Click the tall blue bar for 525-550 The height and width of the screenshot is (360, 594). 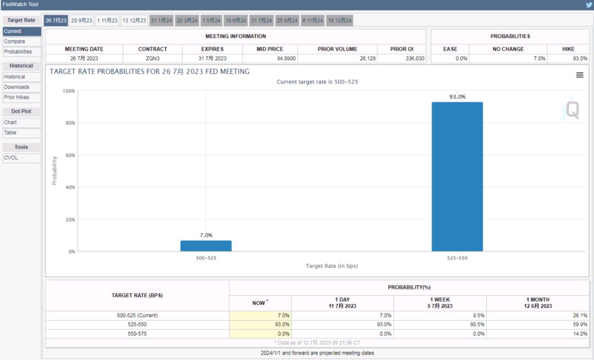pyautogui.click(x=457, y=176)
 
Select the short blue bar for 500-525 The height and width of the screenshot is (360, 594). pyautogui.click(x=206, y=246)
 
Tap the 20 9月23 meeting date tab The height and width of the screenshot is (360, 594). pyautogui.click(x=82, y=20)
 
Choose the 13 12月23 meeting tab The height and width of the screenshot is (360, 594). pyautogui.click(x=134, y=20)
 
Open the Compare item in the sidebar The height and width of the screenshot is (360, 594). pyautogui.click(x=14, y=41)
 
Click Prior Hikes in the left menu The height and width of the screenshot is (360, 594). pyautogui.click(x=16, y=97)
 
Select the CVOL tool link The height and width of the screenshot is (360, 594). pyautogui.click(x=11, y=158)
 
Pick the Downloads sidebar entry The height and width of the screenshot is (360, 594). pyautogui.click(x=16, y=87)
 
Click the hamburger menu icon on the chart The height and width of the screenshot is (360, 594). pyautogui.click(x=580, y=75)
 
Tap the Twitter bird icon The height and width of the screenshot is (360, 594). pyautogui.click(x=588, y=4)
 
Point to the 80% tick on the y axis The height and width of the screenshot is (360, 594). pyautogui.click(x=70, y=123)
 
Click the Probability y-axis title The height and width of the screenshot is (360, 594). pyautogui.click(x=54, y=170)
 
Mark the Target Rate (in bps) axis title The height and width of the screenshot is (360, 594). pyautogui.click(x=332, y=266)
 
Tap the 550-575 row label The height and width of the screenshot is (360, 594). pyautogui.click(x=137, y=334)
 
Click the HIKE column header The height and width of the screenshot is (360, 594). pyautogui.click(x=568, y=49)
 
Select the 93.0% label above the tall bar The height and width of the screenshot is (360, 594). pyautogui.click(x=457, y=97)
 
